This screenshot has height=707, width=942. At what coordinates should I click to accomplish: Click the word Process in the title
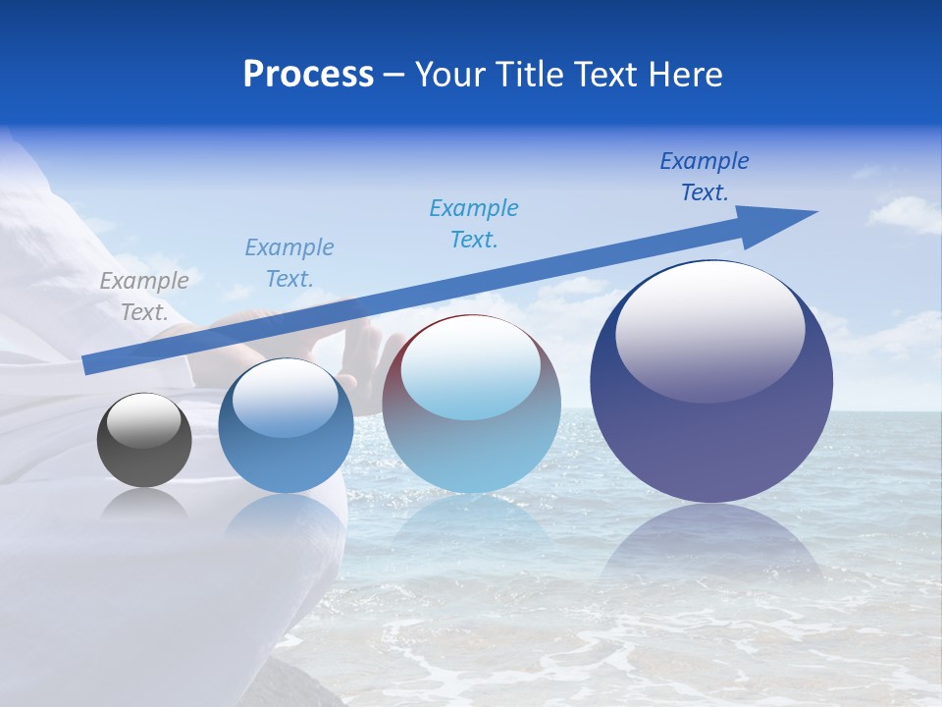click(308, 75)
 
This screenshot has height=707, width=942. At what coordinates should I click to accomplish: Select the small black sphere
click(144, 441)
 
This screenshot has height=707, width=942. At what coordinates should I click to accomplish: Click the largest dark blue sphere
click(711, 393)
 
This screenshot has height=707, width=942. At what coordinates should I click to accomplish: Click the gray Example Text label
click(144, 297)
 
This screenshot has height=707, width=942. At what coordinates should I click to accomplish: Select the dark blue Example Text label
click(705, 177)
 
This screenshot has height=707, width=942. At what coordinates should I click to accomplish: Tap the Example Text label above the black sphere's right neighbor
click(289, 263)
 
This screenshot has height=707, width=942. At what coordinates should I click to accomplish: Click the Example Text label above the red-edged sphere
click(474, 224)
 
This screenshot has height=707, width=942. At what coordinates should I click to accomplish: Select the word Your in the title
click(451, 75)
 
